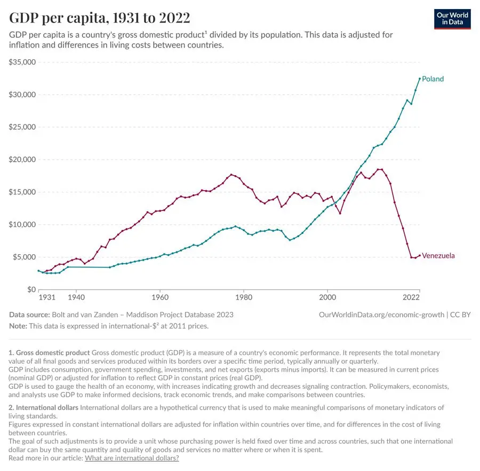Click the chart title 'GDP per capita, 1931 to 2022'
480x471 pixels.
pos(100,18)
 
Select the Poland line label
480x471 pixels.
pos(433,79)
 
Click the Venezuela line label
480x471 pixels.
pos(438,256)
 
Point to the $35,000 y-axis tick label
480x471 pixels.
pos(22,62)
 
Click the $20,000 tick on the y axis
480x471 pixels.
pos(22,160)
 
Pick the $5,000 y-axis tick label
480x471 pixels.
pos(24,257)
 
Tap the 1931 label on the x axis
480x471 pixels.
pos(46,297)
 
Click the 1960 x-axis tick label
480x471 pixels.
pos(160,297)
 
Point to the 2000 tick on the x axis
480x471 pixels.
pos(327,297)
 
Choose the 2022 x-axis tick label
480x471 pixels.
pos(411,297)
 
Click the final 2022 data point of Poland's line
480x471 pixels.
pos(420,78)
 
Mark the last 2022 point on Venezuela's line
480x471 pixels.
pos(420,255)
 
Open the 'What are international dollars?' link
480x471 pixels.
pos(132,458)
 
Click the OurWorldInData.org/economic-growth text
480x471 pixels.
pos(381,315)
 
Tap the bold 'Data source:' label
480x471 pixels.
pos(29,315)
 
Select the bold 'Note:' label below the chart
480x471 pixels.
pos(19,326)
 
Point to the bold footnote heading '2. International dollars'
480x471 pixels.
pos(44,407)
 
